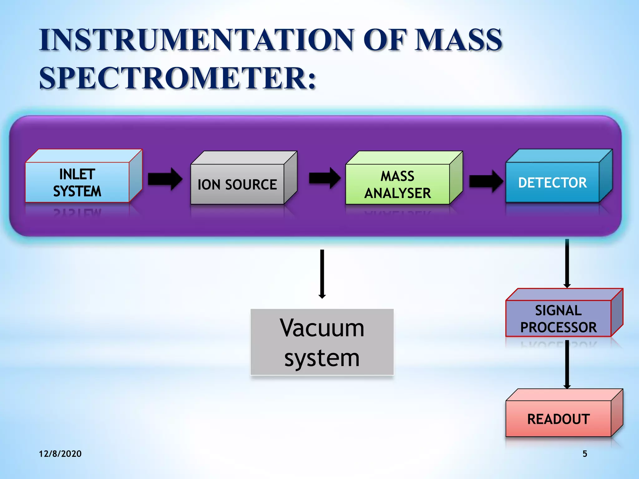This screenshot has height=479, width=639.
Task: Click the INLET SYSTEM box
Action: point(77,182)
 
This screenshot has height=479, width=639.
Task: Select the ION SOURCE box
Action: point(237,184)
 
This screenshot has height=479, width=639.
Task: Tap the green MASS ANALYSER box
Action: point(398,184)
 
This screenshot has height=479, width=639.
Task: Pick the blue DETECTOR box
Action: point(552,182)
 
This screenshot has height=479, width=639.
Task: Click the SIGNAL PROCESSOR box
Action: point(558,318)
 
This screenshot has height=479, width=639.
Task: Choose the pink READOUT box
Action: point(558,419)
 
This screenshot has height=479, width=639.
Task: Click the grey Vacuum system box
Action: point(322,342)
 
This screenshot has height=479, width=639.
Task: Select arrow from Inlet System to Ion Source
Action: point(165,179)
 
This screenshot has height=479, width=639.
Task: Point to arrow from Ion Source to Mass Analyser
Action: point(325,178)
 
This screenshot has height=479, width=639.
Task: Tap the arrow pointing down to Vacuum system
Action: point(322,274)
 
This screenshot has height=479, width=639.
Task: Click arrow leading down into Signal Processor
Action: point(567,263)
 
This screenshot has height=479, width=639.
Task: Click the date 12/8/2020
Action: point(60,454)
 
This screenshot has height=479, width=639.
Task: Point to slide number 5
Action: point(585,454)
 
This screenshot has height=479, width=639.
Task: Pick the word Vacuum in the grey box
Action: point(322,328)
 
